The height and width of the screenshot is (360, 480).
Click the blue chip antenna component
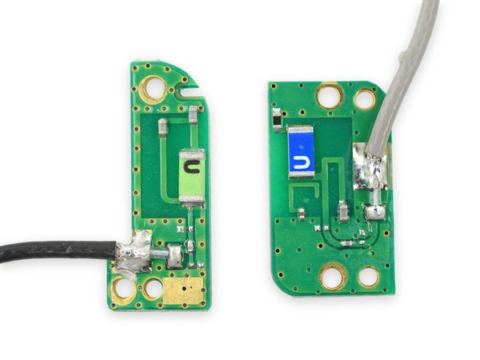(x=302, y=152)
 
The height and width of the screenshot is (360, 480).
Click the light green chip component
(x=192, y=175)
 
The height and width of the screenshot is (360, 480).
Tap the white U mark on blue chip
(x=300, y=162)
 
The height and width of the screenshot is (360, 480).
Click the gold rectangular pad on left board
(x=183, y=291)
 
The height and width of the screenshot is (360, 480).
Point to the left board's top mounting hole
(x=154, y=89)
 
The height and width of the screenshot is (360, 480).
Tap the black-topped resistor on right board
(x=277, y=120)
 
